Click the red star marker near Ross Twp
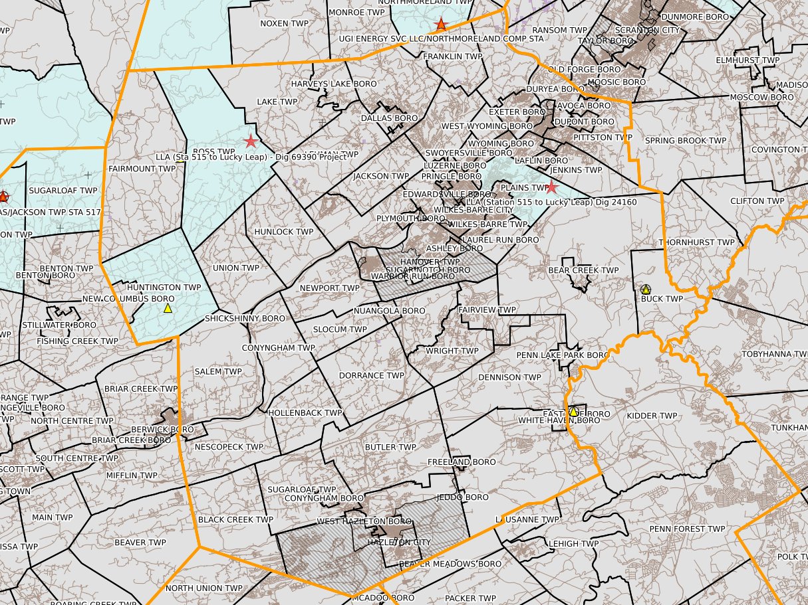pyautogui.click(x=251, y=141)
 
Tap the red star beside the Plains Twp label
pyautogui.click(x=551, y=187)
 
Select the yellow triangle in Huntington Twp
pyautogui.click(x=168, y=307)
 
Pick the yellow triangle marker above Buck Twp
pyautogui.click(x=645, y=290)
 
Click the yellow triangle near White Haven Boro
pyautogui.click(x=573, y=412)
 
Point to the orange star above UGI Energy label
pyautogui.click(x=440, y=25)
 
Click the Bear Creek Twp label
pyautogui.click(x=583, y=270)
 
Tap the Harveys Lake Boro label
pyautogui.click(x=333, y=84)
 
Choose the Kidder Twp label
pyautogui.click(x=652, y=416)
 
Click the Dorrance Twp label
pyautogui.click(x=371, y=375)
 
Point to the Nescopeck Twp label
pyautogui.click(x=229, y=447)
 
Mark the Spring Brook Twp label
pyautogui.click(x=685, y=141)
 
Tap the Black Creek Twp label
pyautogui.click(x=235, y=519)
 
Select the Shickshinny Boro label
pyautogui.click(x=245, y=318)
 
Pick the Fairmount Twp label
pyautogui.click(x=142, y=169)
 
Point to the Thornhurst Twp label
pyautogui.click(x=697, y=242)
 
